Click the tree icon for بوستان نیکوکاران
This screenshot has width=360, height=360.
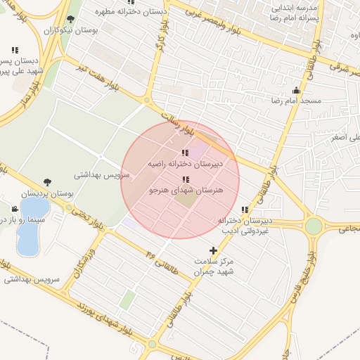coord(70,20)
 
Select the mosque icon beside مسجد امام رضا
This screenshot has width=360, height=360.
coord(296,90)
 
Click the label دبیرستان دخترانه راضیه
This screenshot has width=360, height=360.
coord(185,163)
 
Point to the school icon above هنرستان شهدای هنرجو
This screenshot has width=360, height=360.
coord(185,179)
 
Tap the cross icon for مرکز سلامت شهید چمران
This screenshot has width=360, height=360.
coord(213,250)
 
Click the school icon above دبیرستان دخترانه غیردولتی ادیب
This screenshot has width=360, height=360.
coord(245,210)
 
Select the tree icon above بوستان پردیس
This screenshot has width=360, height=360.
coord(47,182)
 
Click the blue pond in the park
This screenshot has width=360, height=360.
coord(31,225)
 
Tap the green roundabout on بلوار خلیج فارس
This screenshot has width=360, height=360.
coord(314,226)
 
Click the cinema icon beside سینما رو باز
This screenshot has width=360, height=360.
coord(15,209)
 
